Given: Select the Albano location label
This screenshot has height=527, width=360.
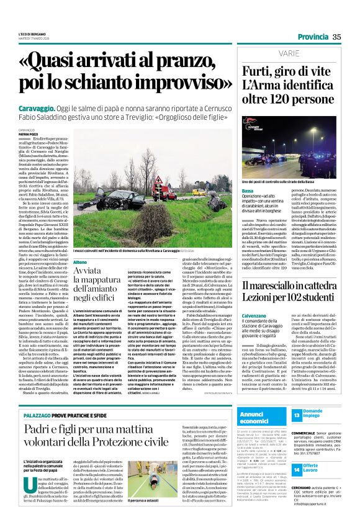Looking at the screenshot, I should coord(81,264).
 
